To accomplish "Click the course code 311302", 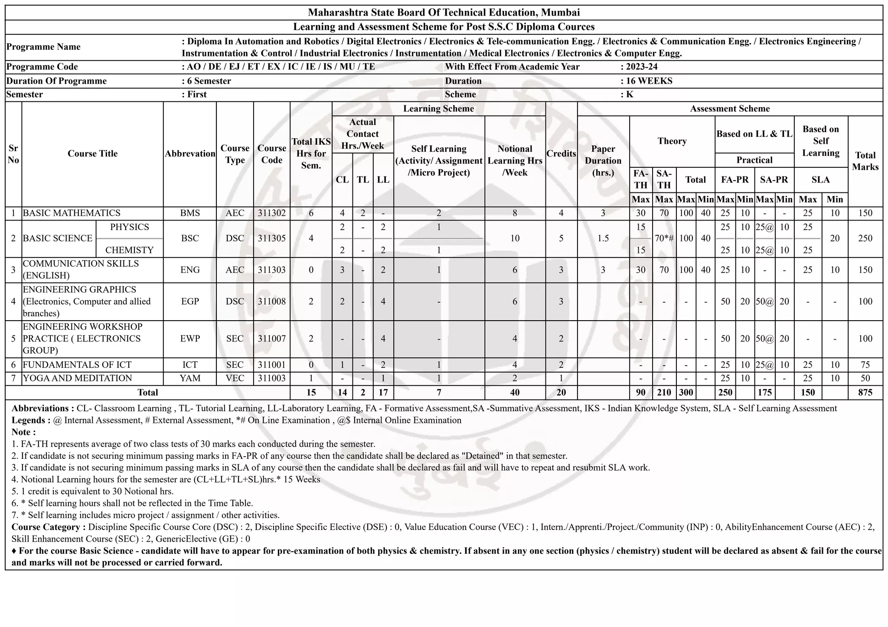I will pos(271,213).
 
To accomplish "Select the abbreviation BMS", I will pos(190,213).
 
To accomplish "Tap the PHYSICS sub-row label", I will pos(129,227).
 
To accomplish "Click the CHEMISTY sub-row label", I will pos(129,250).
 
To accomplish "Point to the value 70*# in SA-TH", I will pos(664,238).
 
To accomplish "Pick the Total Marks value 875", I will pos(865,393).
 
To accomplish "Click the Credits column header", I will pos(561,154).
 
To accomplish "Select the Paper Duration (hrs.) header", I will pos(603,161).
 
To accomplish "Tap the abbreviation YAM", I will pos(190,378).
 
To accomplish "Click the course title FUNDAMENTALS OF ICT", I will pos(77,365).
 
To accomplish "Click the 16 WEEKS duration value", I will pos(649,81).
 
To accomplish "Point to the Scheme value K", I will pos(630,94).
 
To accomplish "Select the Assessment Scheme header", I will pos(730,109).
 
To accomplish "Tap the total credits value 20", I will pos(561,393).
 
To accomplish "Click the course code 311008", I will pos(271,302).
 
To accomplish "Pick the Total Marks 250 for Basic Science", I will pos(865,238).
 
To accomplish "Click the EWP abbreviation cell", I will pos(190,339).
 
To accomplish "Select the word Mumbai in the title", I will pos(564,13).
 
